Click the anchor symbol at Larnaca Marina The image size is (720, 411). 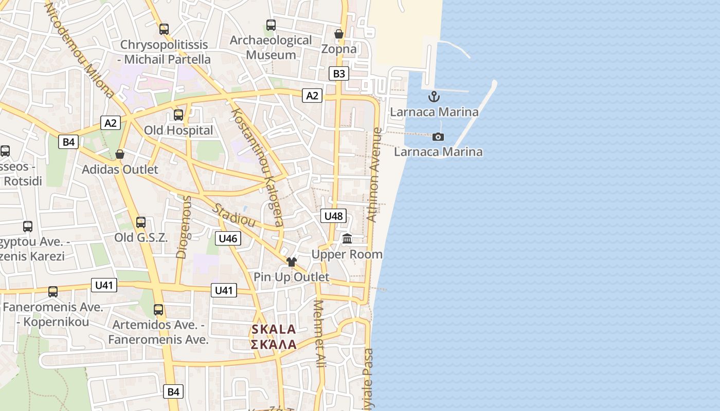click(x=434, y=97)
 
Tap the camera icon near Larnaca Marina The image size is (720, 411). click(x=438, y=137)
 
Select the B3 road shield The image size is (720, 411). click(x=339, y=73)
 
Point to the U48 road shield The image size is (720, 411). click(x=333, y=216)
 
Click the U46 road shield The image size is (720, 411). click(x=228, y=238)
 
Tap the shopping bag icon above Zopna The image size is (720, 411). click(x=339, y=34)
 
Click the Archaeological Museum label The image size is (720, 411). click(x=271, y=47)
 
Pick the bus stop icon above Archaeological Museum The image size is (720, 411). click(x=271, y=25)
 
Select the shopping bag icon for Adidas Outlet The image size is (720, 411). click(x=120, y=154)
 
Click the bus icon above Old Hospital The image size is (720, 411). click(x=178, y=115)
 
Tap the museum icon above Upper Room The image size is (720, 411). click(x=347, y=239)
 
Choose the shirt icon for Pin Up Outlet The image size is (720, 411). click(x=292, y=262)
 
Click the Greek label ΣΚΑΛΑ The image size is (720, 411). click(x=274, y=344)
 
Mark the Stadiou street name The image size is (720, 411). click(x=234, y=216)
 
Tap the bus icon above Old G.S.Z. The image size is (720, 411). click(x=141, y=222)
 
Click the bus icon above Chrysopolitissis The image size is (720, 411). click(x=164, y=29)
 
